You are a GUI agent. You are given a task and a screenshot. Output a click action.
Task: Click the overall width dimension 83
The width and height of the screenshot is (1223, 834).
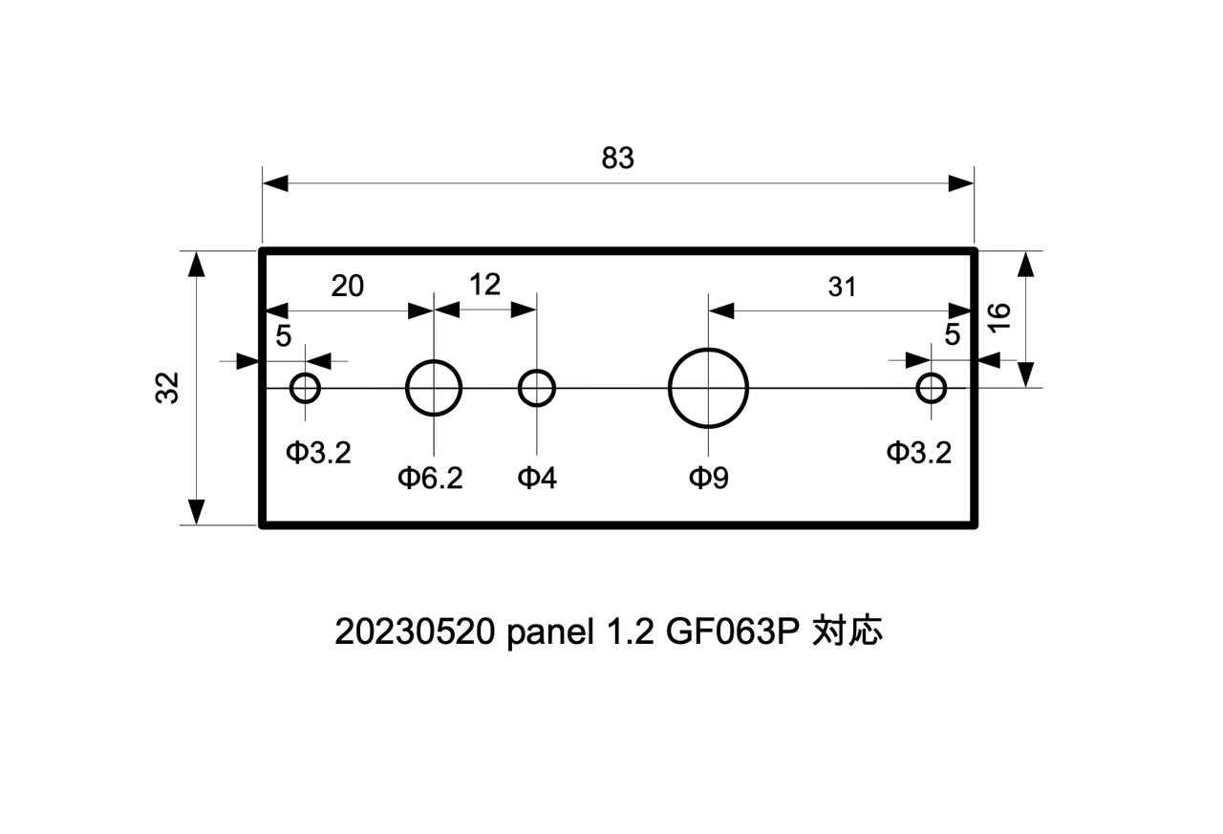pos(617,159)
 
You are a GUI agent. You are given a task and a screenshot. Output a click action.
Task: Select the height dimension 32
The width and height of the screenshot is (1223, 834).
pos(168,388)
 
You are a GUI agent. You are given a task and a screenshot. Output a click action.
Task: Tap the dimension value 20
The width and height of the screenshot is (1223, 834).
pos(348,286)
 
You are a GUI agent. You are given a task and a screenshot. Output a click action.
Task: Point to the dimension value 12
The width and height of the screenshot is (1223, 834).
pos(485,284)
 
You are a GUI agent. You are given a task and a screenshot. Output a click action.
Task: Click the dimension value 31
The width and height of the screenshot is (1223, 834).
pos(842,287)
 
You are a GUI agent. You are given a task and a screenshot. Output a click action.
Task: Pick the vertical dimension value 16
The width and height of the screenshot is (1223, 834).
pos(998,316)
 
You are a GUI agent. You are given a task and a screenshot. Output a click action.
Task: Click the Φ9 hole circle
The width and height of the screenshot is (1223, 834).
pos(708,389)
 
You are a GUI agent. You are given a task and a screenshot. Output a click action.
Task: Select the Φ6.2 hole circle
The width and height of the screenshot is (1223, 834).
pos(434,389)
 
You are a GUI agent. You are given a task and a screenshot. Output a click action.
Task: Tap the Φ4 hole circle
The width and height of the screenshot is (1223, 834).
pos(537,389)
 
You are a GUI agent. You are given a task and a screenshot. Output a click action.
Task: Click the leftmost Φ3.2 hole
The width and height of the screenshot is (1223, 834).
pos(305,389)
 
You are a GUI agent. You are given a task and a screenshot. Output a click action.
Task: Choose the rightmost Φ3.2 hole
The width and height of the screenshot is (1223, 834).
pos(932,389)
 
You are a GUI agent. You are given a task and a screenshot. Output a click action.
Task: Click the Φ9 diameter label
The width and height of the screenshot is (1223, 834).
pos(709,478)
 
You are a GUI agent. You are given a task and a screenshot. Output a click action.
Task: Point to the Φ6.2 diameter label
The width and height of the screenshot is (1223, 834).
pos(430,478)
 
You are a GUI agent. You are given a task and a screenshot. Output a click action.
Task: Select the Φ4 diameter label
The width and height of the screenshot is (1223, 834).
pos(537,478)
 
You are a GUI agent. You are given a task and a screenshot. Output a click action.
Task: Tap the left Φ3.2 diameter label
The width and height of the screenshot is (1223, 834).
pos(319,453)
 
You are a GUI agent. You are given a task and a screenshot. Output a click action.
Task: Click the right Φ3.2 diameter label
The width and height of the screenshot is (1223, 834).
pos(918,453)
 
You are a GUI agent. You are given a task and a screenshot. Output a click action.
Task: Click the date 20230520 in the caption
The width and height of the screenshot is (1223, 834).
pos(413,632)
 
